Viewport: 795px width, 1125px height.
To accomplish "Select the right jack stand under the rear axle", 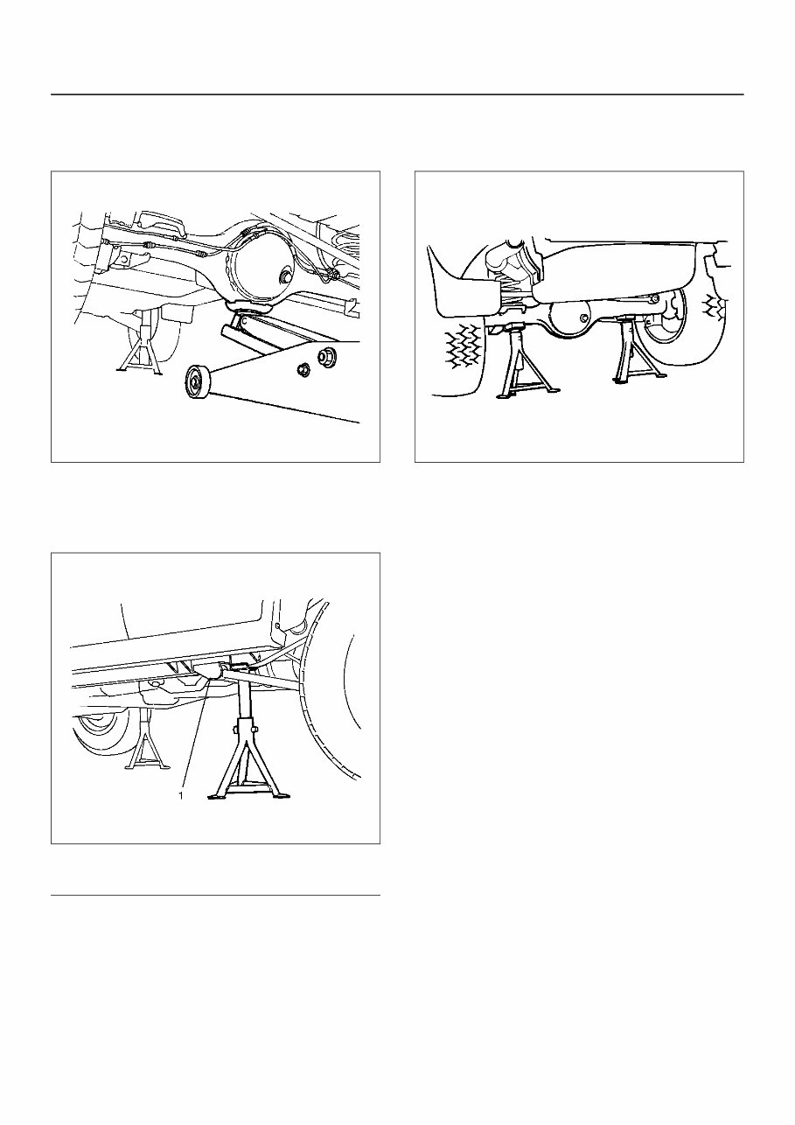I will [x=634, y=353].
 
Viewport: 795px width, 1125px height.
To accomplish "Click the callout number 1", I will [x=180, y=795].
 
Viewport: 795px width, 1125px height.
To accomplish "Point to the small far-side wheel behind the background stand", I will [x=98, y=730].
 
